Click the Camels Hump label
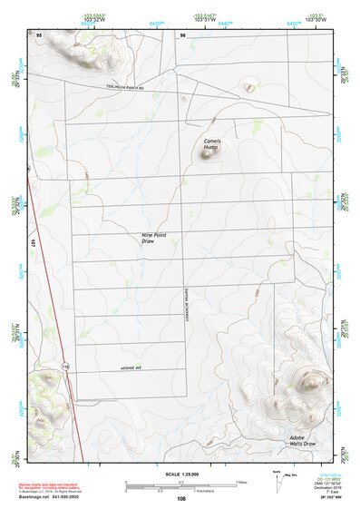(x=211, y=144)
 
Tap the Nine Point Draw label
(x=154, y=238)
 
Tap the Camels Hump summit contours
(x=209, y=155)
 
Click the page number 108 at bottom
(x=181, y=498)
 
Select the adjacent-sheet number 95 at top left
(x=39, y=34)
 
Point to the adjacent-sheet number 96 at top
(x=182, y=34)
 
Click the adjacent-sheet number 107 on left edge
(x=32, y=243)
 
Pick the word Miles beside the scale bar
(x=240, y=482)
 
